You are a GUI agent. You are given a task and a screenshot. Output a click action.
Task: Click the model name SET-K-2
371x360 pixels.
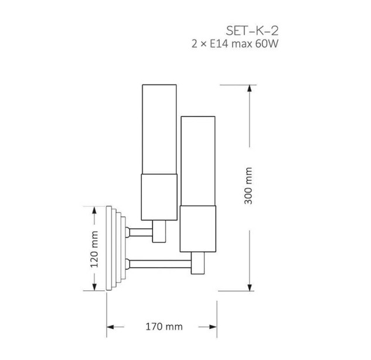coord(252,31)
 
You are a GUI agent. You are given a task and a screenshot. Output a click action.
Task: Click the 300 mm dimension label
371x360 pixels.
coord(249,185)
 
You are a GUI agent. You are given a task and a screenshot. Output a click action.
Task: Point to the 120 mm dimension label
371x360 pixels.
coord(94,249)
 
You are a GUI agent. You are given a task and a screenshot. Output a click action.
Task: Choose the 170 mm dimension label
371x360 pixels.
coord(164,327)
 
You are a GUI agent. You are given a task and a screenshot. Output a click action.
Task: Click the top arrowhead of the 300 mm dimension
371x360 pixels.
coord(249,89)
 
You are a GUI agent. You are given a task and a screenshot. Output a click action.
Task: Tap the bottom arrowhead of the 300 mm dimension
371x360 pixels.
coord(249,287)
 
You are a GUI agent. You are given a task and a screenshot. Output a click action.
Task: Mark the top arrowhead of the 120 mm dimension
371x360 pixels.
coord(94,210)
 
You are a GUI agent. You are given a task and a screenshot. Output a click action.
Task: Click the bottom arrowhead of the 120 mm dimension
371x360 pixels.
coord(94,287)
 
